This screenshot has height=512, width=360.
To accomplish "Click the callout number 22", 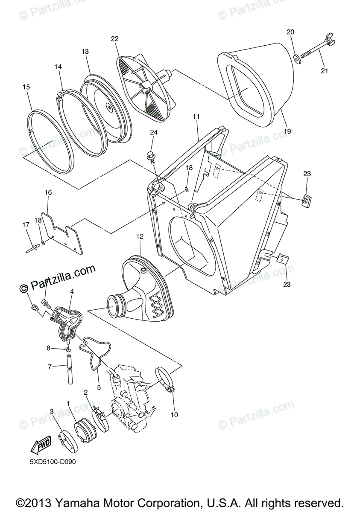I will pos(114,39).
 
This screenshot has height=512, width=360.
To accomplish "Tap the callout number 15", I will pos(26,87).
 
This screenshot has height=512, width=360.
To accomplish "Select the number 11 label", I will pos(196,116).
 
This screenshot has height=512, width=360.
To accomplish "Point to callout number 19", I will pos(287,131).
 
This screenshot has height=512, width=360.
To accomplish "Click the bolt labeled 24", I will pos(151,156).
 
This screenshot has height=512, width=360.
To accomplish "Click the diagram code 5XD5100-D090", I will pos(53,462).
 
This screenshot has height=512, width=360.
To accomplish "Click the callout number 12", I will pos(140,236).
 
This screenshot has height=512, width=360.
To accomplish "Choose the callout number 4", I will pos(72,291).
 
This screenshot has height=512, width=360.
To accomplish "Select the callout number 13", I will pos(85,52).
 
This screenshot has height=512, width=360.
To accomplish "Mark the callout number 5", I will pos(99,388).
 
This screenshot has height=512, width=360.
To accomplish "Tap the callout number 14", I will pos(58,67).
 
